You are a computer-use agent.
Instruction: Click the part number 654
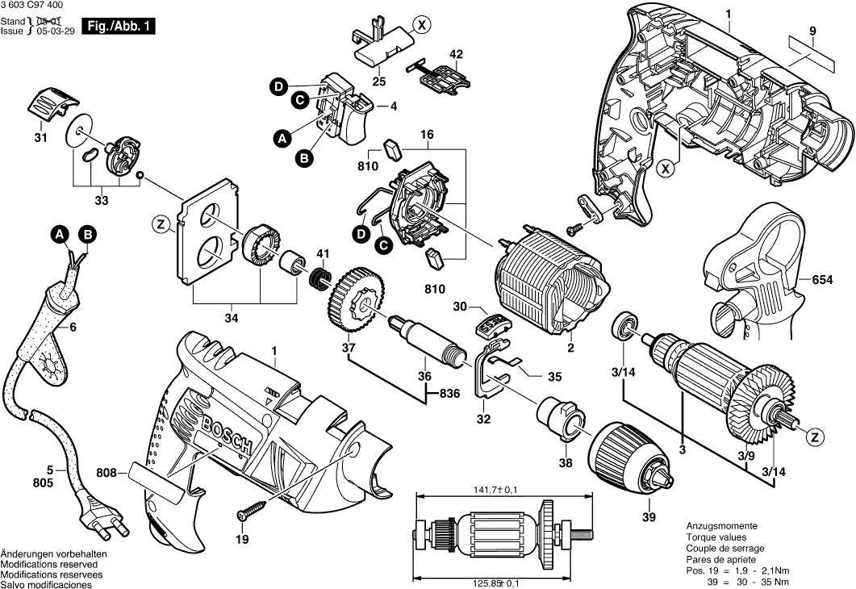822,280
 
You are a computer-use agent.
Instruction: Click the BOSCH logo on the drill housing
231,432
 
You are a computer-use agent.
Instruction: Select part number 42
457,55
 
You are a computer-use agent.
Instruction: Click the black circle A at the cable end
59,235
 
